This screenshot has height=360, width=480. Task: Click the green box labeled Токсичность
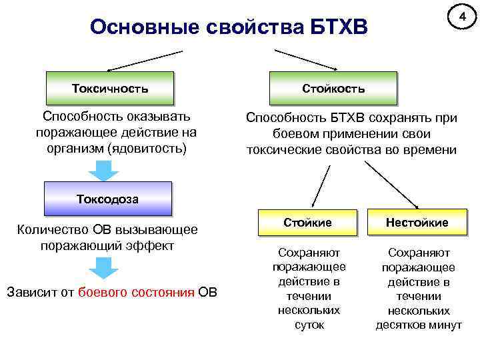click(x=110, y=87)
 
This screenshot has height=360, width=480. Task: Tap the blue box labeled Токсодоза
click(x=107, y=198)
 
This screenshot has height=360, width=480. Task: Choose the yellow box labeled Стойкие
click(x=307, y=222)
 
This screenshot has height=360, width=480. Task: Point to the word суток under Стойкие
click(x=309, y=325)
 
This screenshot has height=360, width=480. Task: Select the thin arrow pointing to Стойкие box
click(x=321, y=186)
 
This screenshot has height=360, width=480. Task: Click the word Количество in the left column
click(x=55, y=230)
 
